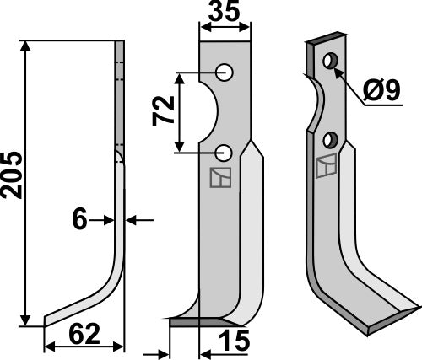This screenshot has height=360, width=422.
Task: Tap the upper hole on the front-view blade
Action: pos(225,73)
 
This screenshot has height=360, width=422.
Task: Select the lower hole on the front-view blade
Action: pos(225,152)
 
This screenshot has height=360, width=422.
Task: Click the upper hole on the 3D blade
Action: pos(328,61)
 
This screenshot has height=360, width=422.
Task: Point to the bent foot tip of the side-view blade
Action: pos(48,319)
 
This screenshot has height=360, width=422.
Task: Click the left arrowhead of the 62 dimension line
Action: pos(48,346)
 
